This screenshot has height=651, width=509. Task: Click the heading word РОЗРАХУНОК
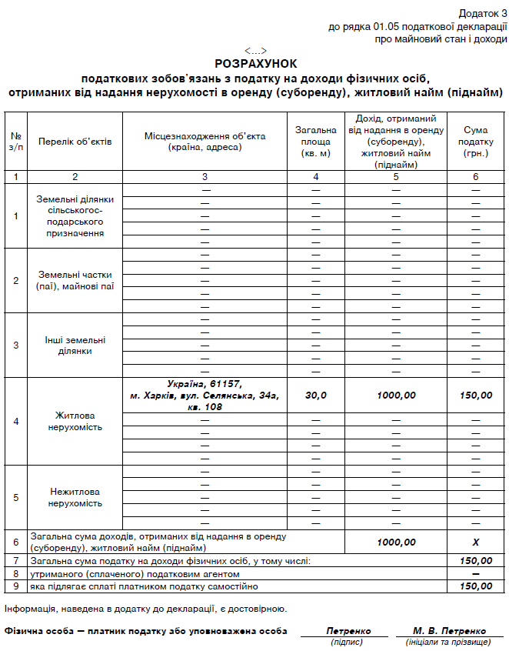point(255,64)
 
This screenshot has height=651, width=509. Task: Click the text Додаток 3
point(483,14)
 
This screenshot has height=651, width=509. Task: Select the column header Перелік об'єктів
point(75,142)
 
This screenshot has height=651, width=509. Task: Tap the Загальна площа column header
point(316,142)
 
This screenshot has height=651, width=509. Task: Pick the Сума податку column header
point(476,142)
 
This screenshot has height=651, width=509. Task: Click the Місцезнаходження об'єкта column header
point(205,142)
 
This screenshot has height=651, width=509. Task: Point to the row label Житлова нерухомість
point(75,421)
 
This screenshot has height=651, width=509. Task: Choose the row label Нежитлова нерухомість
point(75,497)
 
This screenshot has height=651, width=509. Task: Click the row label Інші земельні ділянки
point(75,346)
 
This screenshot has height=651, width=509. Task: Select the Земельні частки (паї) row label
point(75,280)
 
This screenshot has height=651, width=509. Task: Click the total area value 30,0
point(316,396)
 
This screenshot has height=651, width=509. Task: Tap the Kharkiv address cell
point(205,395)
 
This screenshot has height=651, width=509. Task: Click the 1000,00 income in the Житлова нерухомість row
point(396,396)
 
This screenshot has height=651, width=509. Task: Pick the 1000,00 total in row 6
point(396,542)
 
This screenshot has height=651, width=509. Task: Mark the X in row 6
point(476,542)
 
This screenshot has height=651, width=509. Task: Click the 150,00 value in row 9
point(476,587)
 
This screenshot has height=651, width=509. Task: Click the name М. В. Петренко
point(449,631)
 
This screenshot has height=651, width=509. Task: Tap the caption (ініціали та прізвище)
point(448,642)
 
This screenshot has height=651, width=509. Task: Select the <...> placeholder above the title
point(255,51)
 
